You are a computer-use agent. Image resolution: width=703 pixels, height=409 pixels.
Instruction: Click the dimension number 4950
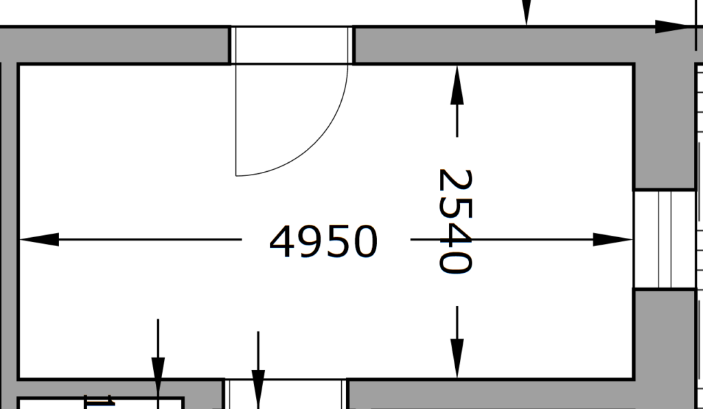[323, 241]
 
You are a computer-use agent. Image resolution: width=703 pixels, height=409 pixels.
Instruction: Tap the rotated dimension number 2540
[456, 221]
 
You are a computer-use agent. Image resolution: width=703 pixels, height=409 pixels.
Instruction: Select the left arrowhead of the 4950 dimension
[39, 239]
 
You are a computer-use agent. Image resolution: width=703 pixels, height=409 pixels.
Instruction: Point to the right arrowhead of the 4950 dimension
[612, 239]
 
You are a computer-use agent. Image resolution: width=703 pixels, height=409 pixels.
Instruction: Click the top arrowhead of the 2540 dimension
[457, 85]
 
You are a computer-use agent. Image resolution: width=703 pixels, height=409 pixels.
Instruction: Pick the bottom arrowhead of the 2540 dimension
[457, 359]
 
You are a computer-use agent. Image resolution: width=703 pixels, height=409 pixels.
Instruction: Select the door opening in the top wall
[291, 45]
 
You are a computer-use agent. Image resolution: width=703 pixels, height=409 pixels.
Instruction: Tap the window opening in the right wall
[665, 239]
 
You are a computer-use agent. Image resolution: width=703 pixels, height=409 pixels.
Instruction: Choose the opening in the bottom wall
[286, 394]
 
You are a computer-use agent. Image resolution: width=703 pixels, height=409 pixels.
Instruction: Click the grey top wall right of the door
[493, 45]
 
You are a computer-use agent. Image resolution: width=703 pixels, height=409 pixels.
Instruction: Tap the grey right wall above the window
[665, 126]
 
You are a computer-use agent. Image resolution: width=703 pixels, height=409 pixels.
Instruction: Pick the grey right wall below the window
[665, 348]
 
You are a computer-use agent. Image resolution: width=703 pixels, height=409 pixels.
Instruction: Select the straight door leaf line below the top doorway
[236, 120]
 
